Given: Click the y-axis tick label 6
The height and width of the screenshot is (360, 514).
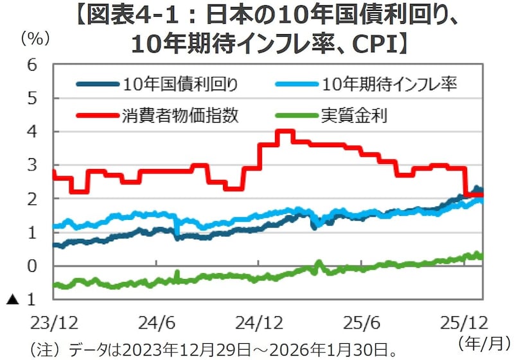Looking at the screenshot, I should click(31, 65).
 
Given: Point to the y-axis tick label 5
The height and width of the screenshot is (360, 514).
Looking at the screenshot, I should click(31, 98).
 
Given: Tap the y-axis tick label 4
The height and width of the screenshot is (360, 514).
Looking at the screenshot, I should click(31, 132).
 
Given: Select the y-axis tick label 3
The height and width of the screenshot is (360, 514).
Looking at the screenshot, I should click(31, 165).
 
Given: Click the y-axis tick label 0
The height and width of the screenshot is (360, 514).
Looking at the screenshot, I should click(31, 266).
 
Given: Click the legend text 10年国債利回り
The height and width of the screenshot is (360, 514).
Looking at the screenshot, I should click(182, 84).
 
